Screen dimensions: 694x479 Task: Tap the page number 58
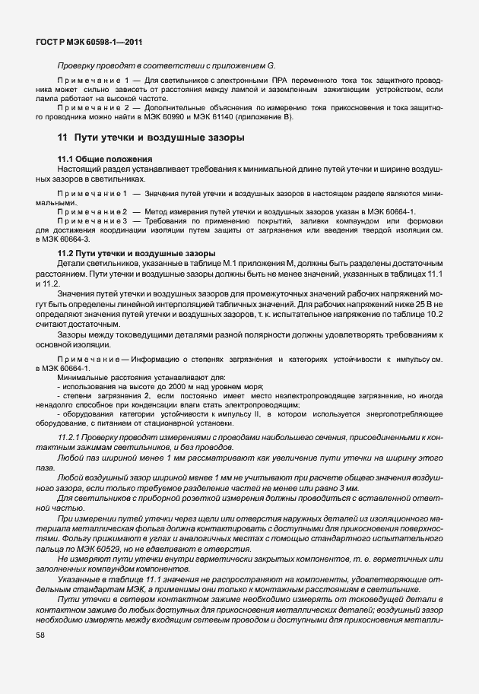coord(40,635)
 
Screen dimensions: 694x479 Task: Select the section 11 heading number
coord(62,138)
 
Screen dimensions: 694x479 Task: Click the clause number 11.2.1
coord(70,439)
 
